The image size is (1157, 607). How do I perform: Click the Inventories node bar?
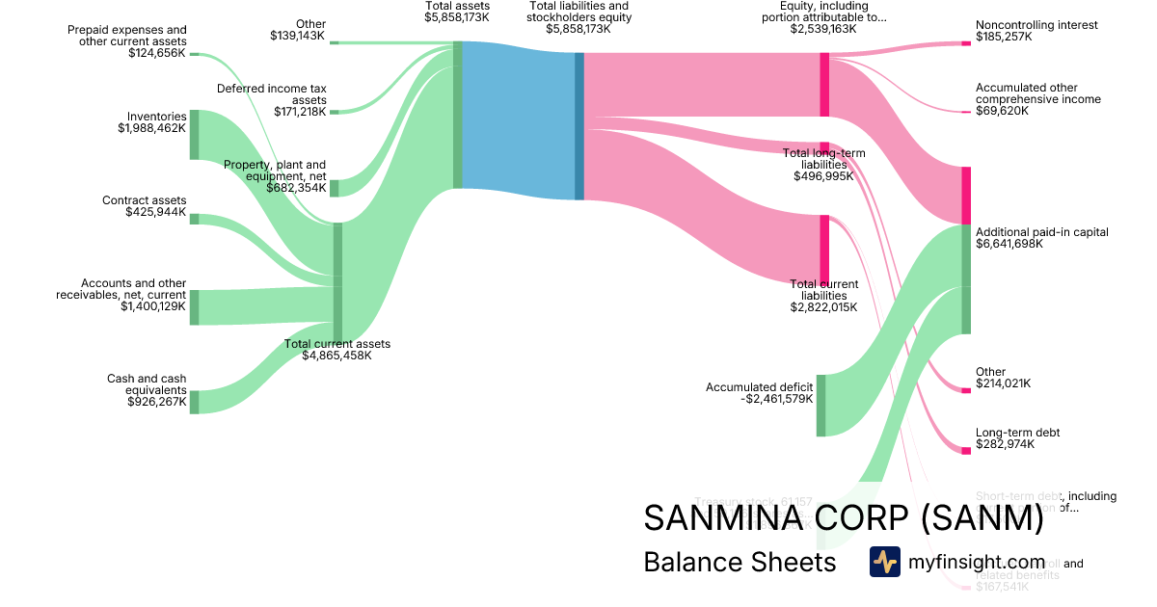click(194, 134)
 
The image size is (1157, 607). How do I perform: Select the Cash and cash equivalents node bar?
click(194, 402)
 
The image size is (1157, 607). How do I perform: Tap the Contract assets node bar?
click(194, 219)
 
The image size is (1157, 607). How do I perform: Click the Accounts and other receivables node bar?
click(194, 306)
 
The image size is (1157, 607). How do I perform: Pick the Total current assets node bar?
click(337, 281)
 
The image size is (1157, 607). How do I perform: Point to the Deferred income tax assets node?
click(335, 112)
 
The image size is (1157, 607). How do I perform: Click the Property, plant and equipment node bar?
click(335, 188)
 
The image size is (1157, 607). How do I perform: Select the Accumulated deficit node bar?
click(821, 405)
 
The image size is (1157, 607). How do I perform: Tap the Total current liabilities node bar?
click(824, 248)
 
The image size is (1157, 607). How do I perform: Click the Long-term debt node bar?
click(966, 451)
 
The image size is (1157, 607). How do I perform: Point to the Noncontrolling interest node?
click(966, 43)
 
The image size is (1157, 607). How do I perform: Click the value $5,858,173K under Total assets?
click(457, 17)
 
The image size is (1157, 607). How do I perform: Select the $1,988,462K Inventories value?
click(152, 127)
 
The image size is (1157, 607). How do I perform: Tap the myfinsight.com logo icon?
click(884, 562)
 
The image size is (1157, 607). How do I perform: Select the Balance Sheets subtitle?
click(740, 562)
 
